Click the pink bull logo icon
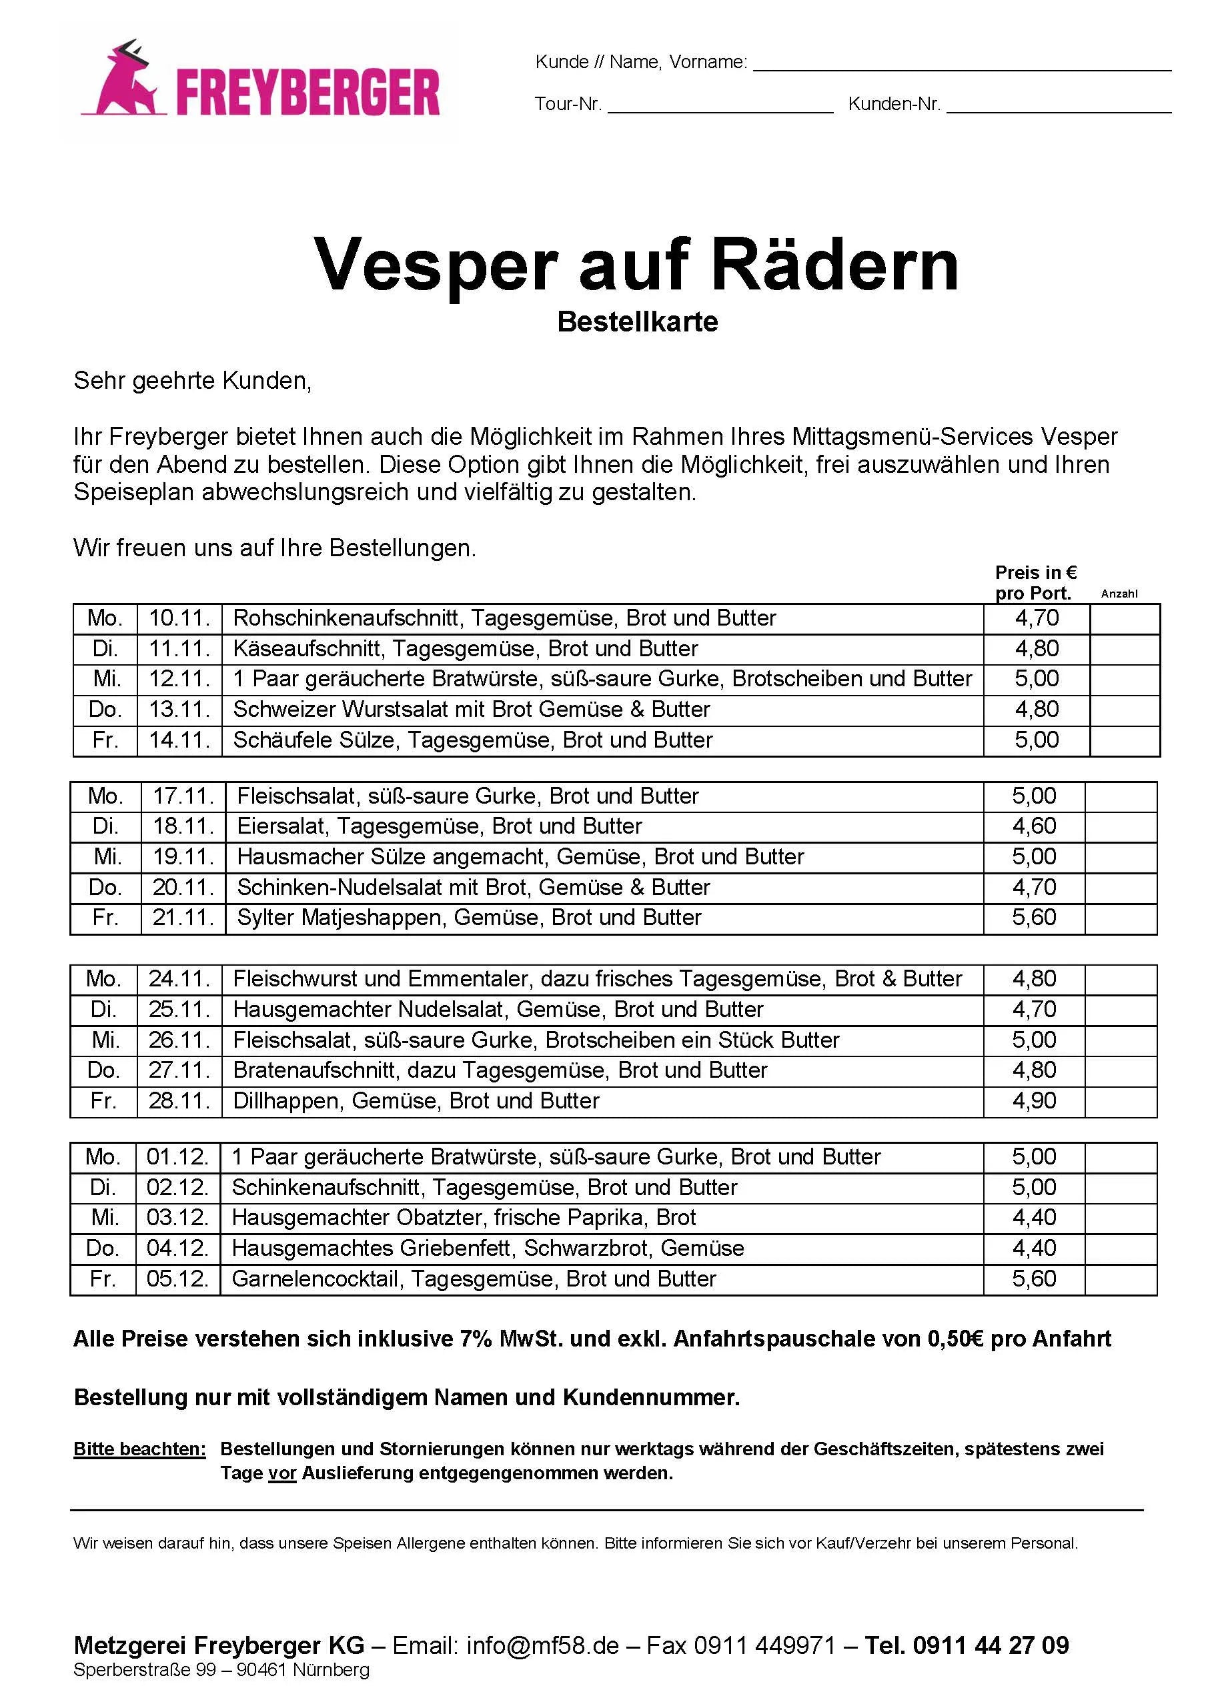[125, 81]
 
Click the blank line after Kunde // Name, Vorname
[961, 68]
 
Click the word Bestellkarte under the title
[637, 321]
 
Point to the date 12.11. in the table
[179, 679]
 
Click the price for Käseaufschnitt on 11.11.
[1036, 648]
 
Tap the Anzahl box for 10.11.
[1125, 618]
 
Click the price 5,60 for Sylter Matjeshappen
[1034, 917]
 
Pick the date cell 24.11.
[179, 978]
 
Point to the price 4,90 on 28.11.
[1034, 1100]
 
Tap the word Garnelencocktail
[314, 1279]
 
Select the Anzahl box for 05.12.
[1120, 1279]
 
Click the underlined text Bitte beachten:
[139, 1449]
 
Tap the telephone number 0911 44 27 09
[991, 1645]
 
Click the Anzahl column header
[1119, 594]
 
